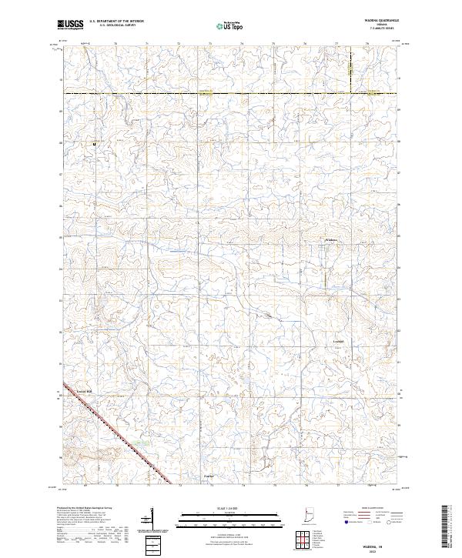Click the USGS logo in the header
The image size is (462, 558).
click(71, 25)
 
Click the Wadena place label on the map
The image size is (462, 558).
click(329, 240)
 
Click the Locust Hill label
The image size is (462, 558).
click(84, 390)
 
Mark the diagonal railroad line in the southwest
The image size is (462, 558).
click(115, 431)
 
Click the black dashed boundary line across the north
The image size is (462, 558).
click(231, 94)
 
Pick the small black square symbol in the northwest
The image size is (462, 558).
click(95, 143)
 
